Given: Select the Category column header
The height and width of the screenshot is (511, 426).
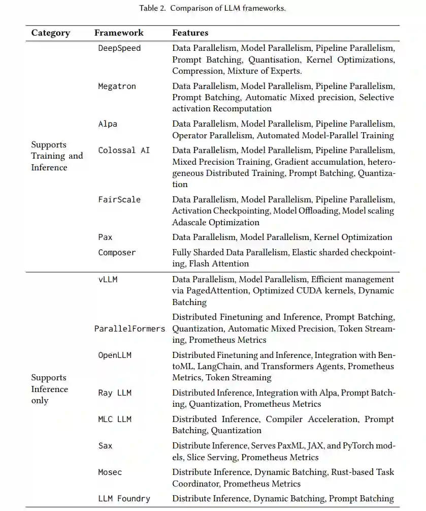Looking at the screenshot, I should (51, 33).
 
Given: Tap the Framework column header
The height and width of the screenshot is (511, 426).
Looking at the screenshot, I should (119, 33).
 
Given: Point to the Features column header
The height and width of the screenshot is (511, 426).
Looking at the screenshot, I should (190, 33).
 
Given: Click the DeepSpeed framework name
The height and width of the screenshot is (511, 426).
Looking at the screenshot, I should (119, 48).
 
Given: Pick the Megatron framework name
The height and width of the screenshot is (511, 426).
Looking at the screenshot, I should (117, 86).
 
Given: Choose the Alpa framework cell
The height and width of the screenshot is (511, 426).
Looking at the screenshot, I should (108, 124).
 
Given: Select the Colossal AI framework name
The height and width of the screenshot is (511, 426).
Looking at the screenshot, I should (124, 150).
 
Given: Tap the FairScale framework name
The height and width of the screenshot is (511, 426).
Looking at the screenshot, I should (119, 199).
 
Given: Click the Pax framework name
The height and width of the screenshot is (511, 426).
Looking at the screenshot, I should (105, 237).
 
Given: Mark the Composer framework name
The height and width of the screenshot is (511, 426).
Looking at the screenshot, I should (117, 252).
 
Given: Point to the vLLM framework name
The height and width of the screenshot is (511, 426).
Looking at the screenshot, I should (108, 279).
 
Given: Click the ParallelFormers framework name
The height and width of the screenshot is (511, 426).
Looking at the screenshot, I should (129, 328).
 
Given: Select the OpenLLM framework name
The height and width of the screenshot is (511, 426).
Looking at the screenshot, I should (115, 355).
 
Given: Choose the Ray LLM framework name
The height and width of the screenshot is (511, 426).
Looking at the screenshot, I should (115, 393).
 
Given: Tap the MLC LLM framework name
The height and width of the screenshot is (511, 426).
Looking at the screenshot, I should (115, 419).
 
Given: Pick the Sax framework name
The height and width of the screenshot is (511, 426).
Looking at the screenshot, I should (105, 445).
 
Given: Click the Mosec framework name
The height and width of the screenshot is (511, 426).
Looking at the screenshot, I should (110, 472).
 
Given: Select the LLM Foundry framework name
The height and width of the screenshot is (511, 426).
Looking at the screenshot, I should (124, 498).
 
